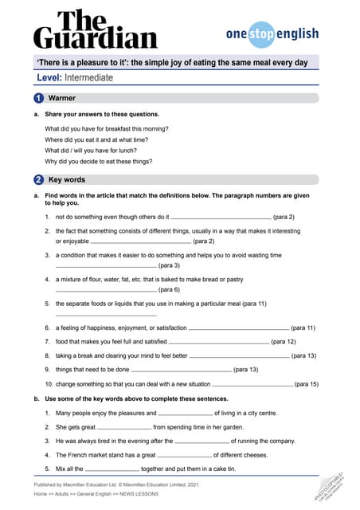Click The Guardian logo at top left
click(95, 29)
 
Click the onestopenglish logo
click(272, 34)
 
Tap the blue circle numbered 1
click(39, 98)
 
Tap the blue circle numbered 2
click(39, 180)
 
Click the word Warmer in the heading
click(62, 98)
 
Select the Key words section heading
click(67, 180)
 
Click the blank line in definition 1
click(221, 217)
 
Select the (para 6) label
click(169, 290)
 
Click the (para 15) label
click(307, 384)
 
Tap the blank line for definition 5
click(106, 315)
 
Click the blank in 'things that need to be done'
click(181, 371)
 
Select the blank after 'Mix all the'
click(112, 469)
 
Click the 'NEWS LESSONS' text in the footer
click(138, 494)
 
